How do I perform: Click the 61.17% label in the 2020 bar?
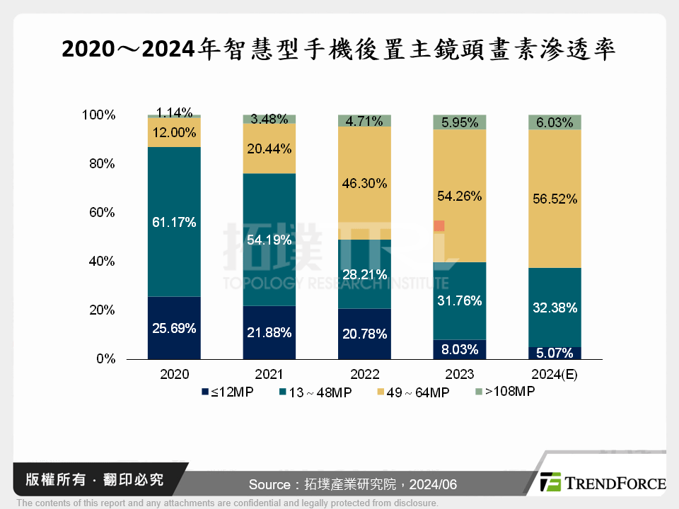(x=174, y=223)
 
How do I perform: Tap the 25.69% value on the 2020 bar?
(x=174, y=328)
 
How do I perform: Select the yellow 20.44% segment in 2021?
(x=269, y=148)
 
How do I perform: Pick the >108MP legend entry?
(x=504, y=391)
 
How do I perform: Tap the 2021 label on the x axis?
(x=269, y=374)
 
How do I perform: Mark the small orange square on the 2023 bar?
(x=439, y=226)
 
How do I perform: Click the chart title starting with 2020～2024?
(x=339, y=49)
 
